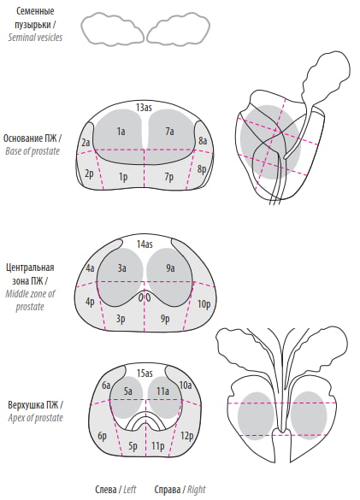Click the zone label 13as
pyautogui.click(x=144, y=108)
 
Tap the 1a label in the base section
pyautogui.click(x=121, y=131)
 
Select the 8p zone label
pyautogui.click(x=202, y=168)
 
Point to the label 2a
pyautogui.click(x=86, y=142)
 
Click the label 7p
pyautogui.click(x=169, y=176)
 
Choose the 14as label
pyautogui.click(x=145, y=244)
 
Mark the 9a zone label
pyautogui.click(x=170, y=268)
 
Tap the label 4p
pyautogui.click(x=91, y=302)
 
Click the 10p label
pyautogui.click(x=204, y=304)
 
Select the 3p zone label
pyautogui.click(x=121, y=319)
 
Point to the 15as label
pyautogui.click(x=145, y=373)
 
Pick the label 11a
pyautogui.click(x=162, y=391)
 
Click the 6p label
pyautogui.click(x=102, y=436)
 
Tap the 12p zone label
pyautogui.click(x=186, y=436)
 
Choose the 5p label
pyautogui.click(x=133, y=446)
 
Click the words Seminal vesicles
pyautogui.click(x=35, y=38)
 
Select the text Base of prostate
pyautogui.click(x=32, y=151)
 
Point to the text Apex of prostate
pyautogui.click(x=35, y=418)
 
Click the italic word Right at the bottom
pyautogui.click(x=197, y=490)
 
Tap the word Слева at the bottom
pyautogui.click(x=106, y=489)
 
